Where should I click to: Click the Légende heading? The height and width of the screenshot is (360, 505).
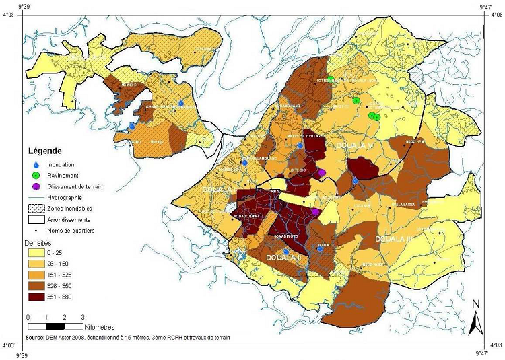tap(44, 151)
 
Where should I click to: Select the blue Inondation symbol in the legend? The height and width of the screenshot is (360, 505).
tap(36, 164)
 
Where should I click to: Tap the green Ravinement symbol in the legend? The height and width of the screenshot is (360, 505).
tap(36, 175)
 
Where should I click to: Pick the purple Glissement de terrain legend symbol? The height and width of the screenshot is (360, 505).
tap(36, 186)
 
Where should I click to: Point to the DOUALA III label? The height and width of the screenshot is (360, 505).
tap(394, 239)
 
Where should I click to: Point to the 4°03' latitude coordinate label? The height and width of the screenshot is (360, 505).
tap(9, 345)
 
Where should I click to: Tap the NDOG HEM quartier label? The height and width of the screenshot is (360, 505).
tap(415, 141)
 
